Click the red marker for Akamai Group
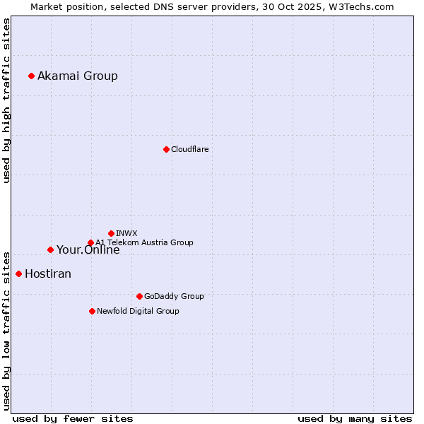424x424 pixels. (x=31, y=76)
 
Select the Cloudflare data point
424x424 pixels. (x=166, y=149)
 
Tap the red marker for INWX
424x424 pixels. (x=111, y=233)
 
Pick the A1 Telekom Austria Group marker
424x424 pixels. (x=90, y=242)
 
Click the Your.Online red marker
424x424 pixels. (x=50, y=249)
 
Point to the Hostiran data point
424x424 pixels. (x=18, y=273)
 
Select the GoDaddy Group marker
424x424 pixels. (x=139, y=296)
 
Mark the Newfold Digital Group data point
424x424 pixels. (x=92, y=311)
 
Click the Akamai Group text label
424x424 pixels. (x=78, y=76)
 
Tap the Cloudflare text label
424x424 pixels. (x=190, y=149)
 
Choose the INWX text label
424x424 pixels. (x=127, y=233)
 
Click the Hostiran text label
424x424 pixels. (x=48, y=274)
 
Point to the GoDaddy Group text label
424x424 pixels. (x=174, y=296)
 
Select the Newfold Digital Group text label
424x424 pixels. (x=138, y=311)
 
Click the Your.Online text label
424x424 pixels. (x=88, y=250)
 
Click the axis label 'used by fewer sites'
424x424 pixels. (x=73, y=418)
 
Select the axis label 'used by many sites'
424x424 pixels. (x=355, y=418)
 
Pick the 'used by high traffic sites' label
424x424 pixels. (x=7, y=100)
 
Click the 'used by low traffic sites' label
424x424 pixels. (x=7, y=330)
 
